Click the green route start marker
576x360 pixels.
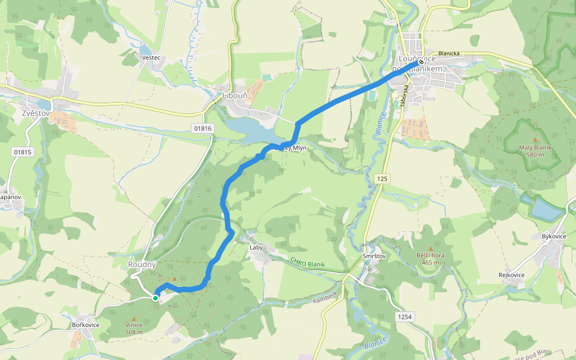click(x=155, y=298)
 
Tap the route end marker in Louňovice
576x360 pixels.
click(x=421, y=62)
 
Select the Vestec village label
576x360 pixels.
click(x=151, y=58)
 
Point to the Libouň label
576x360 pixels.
click(x=235, y=95)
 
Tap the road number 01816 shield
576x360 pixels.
click(x=203, y=128)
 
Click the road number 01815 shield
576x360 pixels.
click(x=22, y=152)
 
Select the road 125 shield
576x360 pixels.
click(x=383, y=179)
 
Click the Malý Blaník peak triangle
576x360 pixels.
click(x=535, y=139)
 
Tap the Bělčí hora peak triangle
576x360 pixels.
click(x=430, y=248)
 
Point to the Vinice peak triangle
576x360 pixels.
click(x=134, y=318)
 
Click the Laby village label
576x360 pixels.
click(x=257, y=247)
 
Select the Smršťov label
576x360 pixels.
click(x=374, y=256)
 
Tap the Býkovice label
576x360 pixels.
click(x=554, y=236)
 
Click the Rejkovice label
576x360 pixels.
click(x=511, y=275)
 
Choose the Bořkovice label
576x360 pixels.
click(x=85, y=325)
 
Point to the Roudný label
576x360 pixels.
click(x=142, y=265)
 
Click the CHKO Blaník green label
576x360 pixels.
click(x=307, y=262)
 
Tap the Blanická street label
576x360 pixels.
click(x=449, y=53)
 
